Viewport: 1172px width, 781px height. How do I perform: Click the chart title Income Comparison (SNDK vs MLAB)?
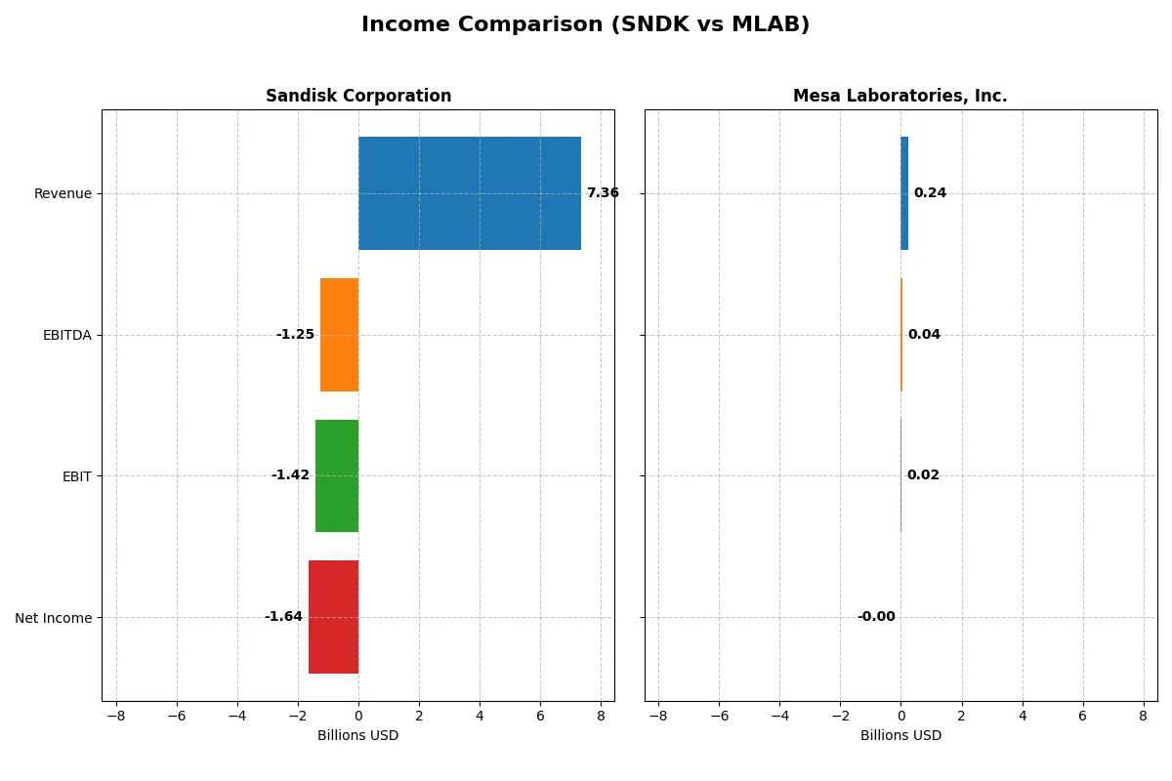(x=585, y=25)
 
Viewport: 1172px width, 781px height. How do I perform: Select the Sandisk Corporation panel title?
(x=358, y=96)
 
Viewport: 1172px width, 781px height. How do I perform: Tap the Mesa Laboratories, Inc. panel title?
(x=900, y=96)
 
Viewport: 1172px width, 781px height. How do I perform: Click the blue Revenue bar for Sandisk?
(x=470, y=193)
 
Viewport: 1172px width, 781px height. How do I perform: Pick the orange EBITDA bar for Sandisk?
(x=339, y=335)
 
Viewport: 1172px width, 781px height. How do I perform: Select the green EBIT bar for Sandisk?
(x=337, y=475)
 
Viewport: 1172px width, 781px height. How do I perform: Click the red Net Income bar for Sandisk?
(x=333, y=617)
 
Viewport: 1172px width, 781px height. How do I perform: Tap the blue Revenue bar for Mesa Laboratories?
(x=904, y=193)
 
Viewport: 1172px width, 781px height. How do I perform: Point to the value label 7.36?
(x=603, y=193)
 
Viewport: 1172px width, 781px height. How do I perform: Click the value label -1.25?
(x=295, y=335)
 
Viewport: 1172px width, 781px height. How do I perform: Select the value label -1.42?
(x=290, y=475)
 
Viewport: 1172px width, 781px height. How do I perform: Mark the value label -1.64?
(x=283, y=617)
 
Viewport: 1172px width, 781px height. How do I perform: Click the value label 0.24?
(x=930, y=193)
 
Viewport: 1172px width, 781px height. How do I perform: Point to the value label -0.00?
(x=876, y=617)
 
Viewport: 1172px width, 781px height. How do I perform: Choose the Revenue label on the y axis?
(x=63, y=193)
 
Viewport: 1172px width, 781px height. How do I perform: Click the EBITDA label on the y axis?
(x=66, y=335)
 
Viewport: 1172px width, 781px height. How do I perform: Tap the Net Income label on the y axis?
(x=54, y=617)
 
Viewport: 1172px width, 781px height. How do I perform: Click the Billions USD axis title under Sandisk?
(x=357, y=735)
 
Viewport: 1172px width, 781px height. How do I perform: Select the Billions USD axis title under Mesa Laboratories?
(x=900, y=735)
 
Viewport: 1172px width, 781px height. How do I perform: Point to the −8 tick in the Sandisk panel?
(x=116, y=716)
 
